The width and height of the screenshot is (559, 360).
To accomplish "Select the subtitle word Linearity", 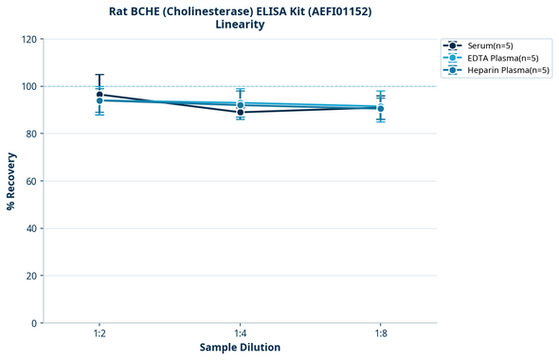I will [240, 25].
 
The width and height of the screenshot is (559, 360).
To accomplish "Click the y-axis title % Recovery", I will [11, 181].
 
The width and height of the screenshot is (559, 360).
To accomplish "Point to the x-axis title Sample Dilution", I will [240, 347].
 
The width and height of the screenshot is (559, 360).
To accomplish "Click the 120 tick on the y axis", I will [28, 39].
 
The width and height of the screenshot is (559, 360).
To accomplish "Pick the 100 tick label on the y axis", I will [28, 86].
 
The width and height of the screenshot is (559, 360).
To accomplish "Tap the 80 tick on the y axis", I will [31, 134].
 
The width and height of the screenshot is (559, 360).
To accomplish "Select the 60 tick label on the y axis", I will [31, 181].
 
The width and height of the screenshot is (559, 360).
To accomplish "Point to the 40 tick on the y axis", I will [31, 228].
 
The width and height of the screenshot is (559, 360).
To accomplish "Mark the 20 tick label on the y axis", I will [31, 276].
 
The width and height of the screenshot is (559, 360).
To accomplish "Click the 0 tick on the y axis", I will [34, 323].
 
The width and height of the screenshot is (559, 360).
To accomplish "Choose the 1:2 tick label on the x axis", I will [99, 333].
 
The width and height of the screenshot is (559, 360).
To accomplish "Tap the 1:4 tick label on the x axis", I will [240, 333].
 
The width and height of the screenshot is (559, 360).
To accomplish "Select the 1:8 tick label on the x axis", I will [380, 333].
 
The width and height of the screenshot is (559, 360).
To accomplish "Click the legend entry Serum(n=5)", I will [491, 45].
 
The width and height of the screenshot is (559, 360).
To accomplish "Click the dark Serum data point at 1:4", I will [240, 112].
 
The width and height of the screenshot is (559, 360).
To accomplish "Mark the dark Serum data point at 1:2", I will [99, 95].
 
